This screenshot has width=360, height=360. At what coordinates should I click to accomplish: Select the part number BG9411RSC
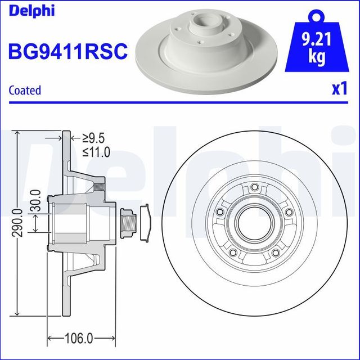(67, 52)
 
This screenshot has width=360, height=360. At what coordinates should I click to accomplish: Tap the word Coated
(25, 90)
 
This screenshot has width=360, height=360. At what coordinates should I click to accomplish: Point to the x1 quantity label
(339, 89)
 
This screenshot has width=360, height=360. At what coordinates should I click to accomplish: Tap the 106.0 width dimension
(77, 339)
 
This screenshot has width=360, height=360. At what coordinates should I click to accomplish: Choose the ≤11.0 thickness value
(96, 152)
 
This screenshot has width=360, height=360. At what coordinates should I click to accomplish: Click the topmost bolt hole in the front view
(254, 187)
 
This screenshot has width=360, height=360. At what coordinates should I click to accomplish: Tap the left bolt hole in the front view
(220, 212)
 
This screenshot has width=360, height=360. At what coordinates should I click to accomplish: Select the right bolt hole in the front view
(289, 212)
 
